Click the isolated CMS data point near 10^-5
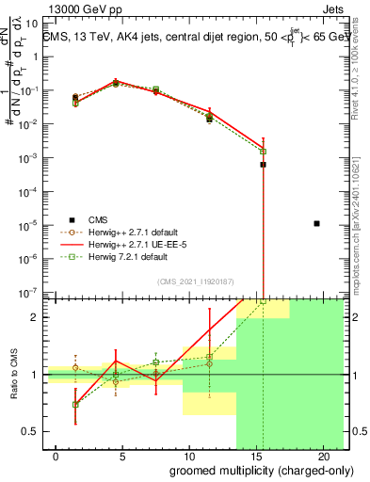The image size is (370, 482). [316, 223]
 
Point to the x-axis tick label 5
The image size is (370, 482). [115, 457]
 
